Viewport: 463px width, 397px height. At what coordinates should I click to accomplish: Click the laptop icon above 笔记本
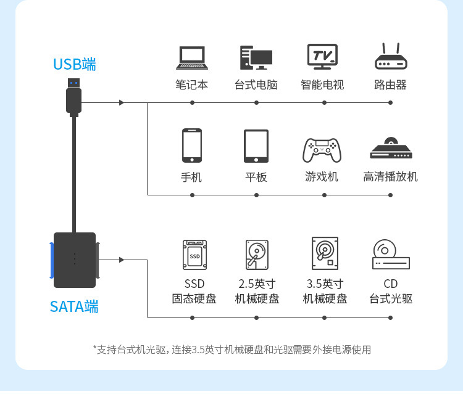191,58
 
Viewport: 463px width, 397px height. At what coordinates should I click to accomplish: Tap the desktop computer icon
256,57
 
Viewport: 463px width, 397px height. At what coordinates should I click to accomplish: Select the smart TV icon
322,56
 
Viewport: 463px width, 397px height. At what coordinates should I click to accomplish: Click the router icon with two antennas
390,57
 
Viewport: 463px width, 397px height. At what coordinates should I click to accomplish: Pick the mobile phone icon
191,145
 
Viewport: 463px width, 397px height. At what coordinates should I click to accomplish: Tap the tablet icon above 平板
256,146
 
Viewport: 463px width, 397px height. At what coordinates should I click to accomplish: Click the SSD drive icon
194,255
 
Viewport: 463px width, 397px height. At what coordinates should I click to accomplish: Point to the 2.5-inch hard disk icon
256,255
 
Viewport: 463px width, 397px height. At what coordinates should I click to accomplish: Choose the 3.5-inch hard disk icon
325,253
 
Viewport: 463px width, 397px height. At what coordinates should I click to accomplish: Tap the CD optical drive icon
391,254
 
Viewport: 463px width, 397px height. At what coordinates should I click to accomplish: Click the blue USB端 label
74,64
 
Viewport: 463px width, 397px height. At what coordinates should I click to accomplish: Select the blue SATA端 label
74,306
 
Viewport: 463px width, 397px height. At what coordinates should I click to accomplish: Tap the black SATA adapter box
75,260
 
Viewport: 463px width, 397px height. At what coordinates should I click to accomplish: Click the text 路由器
390,85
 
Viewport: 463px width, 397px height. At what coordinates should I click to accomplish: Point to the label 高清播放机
390,177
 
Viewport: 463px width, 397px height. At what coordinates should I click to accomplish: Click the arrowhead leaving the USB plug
122,102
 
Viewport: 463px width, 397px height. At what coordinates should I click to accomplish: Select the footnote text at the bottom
231,350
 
